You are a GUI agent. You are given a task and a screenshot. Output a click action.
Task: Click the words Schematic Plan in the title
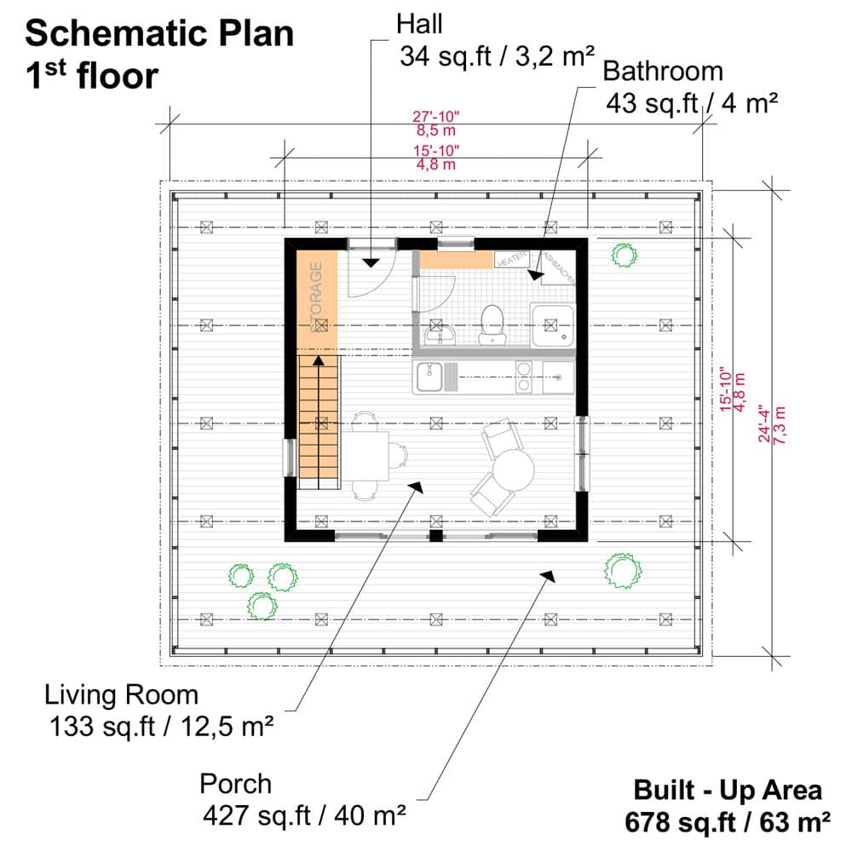pos(159,34)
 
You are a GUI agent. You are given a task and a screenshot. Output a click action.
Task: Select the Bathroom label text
pos(663,71)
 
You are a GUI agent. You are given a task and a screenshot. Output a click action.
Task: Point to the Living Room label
pos(121,694)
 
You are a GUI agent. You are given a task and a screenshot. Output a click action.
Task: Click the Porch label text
pos(236,784)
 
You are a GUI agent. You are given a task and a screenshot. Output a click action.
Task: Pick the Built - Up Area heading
pos(728,790)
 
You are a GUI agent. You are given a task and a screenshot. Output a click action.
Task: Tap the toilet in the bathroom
pos(492,324)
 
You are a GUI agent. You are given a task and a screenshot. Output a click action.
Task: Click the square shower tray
pos(553,326)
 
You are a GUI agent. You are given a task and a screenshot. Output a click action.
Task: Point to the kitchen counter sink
pos(429,377)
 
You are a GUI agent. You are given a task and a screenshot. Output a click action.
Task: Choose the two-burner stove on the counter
pos(525,377)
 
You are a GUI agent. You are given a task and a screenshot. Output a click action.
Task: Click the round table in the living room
pos(513,469)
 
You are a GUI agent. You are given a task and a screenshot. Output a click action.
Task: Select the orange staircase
pos(319,422)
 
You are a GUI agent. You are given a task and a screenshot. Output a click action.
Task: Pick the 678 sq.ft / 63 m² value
pos(728,823)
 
